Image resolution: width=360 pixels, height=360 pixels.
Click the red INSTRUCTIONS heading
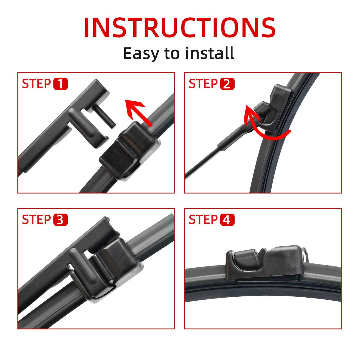pos(179,28)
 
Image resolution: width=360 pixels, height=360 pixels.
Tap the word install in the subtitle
pos(210,53)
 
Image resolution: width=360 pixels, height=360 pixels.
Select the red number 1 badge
pos(61,84)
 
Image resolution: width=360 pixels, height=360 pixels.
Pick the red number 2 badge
pos(227,84)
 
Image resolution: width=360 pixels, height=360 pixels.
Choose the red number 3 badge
pos(61,220)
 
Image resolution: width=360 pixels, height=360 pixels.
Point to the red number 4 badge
pos(227,220)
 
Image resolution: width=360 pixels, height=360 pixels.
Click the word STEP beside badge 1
pos(36,84)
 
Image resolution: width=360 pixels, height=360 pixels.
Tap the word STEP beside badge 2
pos(203,84)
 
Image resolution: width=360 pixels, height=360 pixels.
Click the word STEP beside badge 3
pos(36,220)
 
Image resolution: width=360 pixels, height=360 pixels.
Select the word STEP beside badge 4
pos(203,220)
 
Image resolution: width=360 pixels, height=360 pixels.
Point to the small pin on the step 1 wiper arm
pos(105,116)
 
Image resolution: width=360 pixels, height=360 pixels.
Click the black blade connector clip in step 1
pos(130,151)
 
